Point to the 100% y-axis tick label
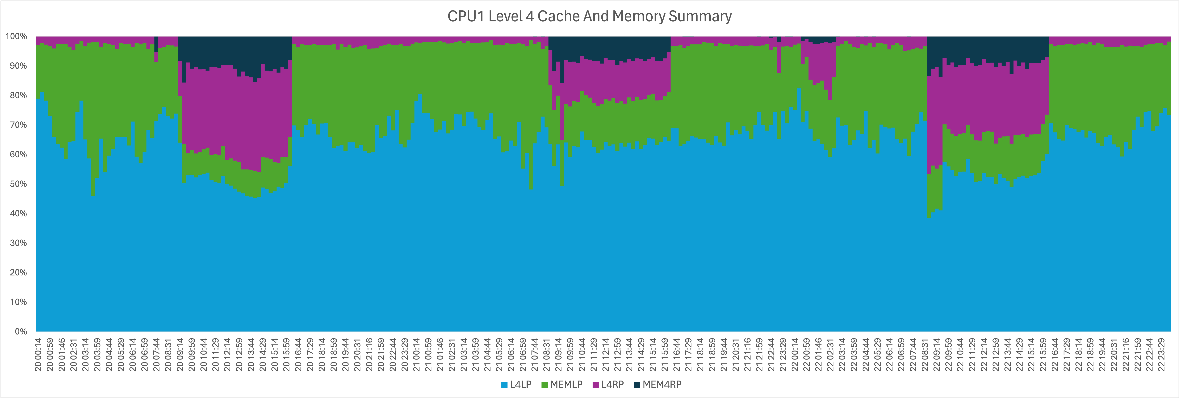[16, 36]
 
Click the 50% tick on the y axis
[18, 184]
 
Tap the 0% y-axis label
[21, 331]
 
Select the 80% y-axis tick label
[18, 95]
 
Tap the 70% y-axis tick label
[18, 125]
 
